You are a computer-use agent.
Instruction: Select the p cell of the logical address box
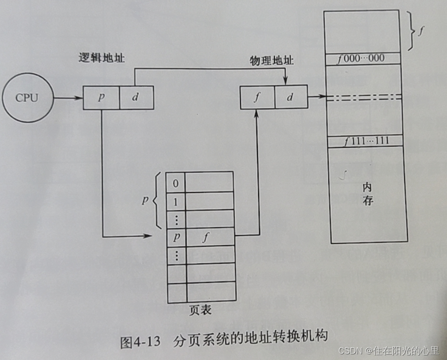101,98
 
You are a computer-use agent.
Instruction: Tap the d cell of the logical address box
135,98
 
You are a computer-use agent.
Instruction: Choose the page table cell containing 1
175,201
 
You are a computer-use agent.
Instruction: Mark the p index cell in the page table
175,237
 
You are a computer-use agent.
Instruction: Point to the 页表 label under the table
201,310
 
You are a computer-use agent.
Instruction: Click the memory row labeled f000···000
365,59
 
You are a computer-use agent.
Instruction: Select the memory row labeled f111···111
365,141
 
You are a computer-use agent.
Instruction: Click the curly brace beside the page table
156,201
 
